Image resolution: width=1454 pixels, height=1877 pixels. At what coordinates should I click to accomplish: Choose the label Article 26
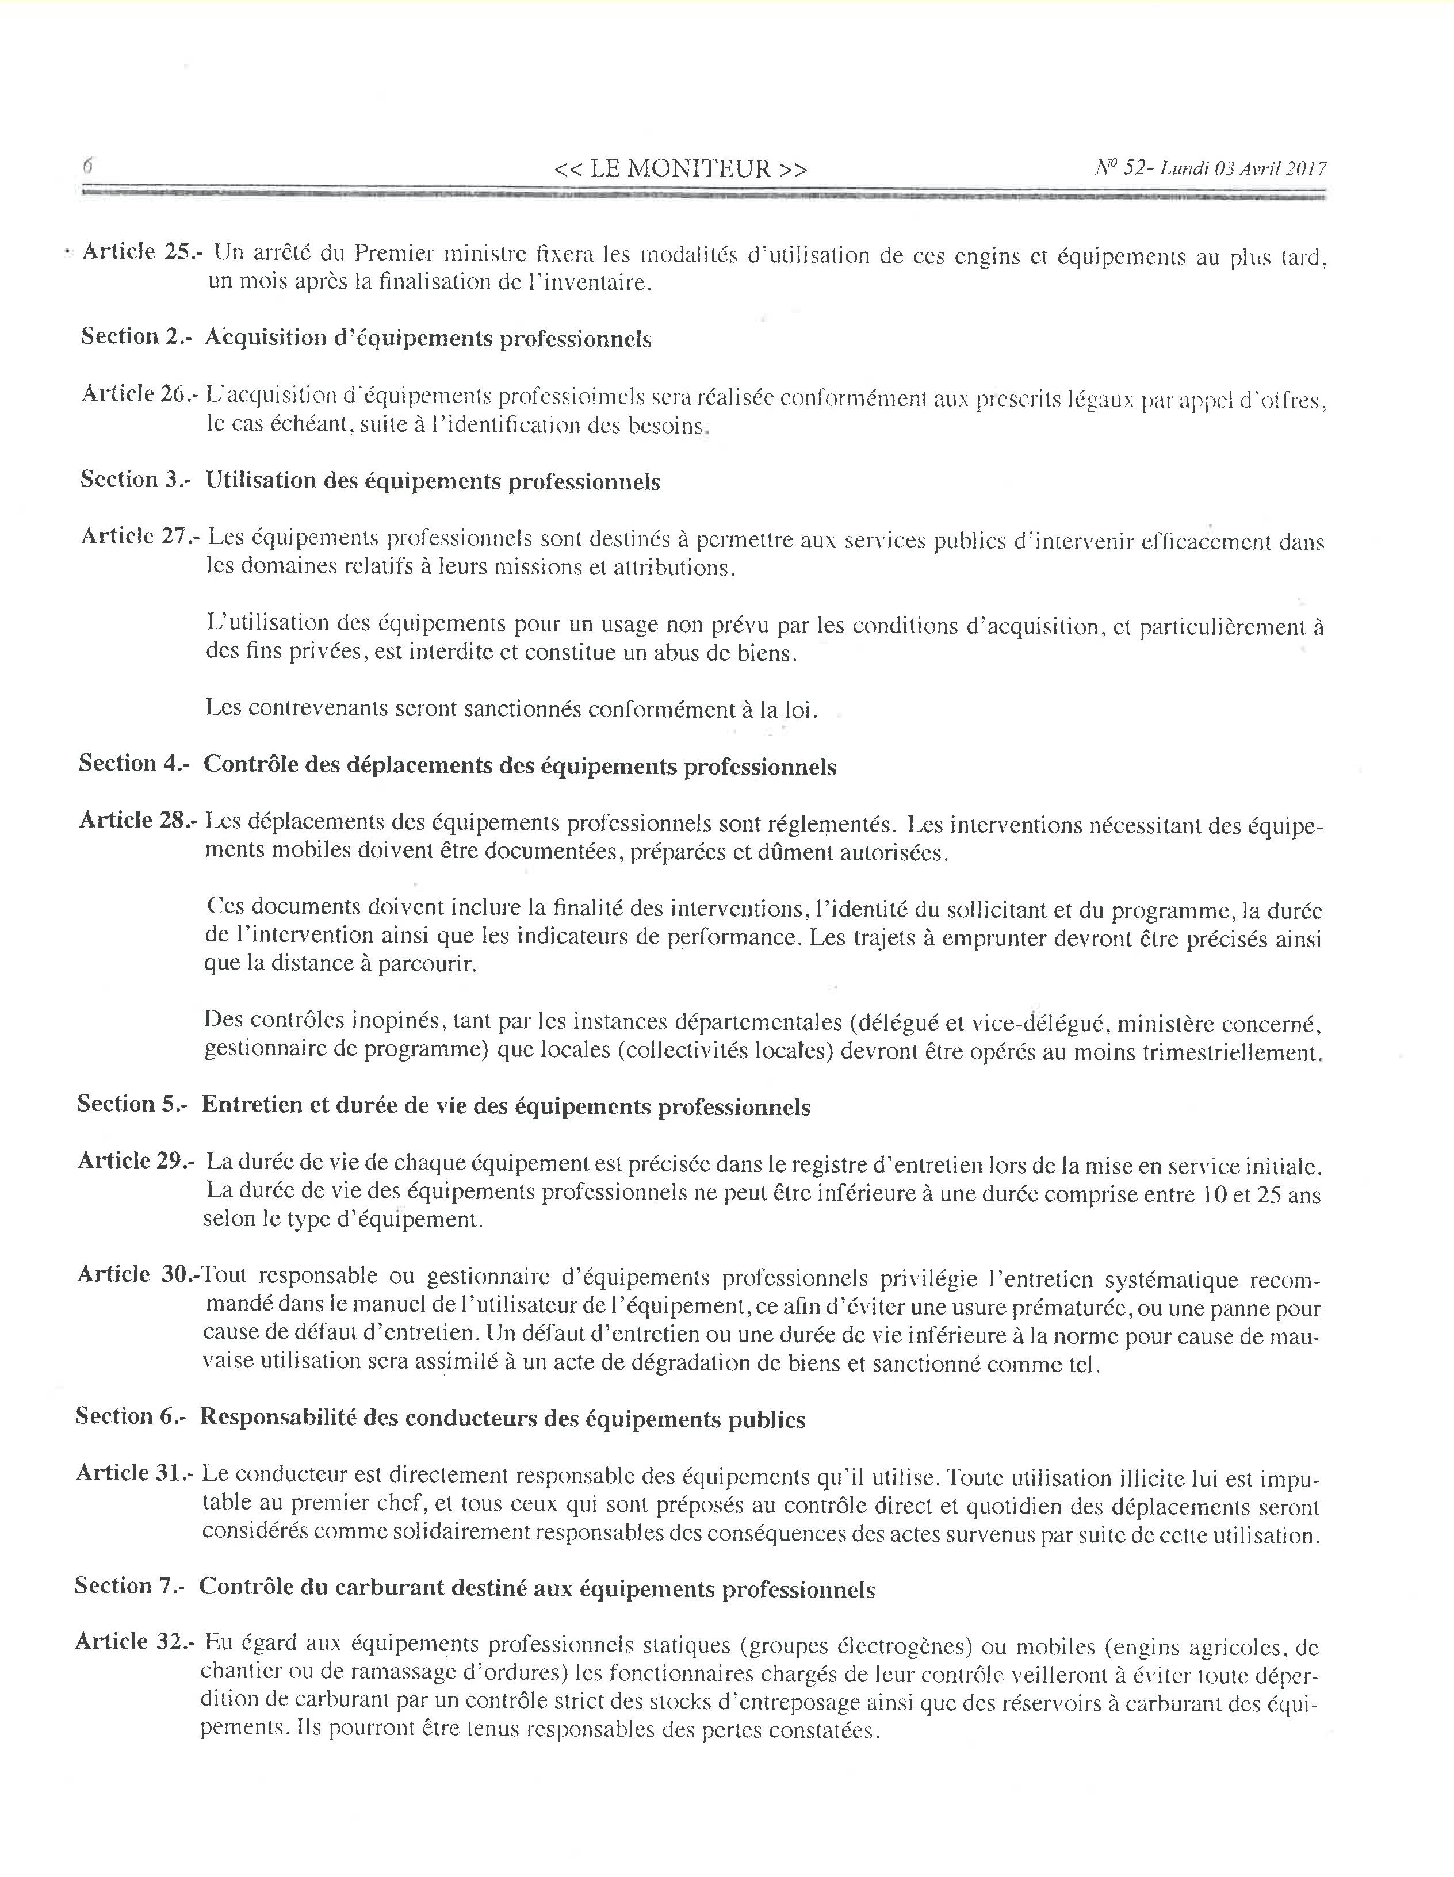139,394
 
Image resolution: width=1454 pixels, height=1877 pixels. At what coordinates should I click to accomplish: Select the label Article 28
137,821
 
